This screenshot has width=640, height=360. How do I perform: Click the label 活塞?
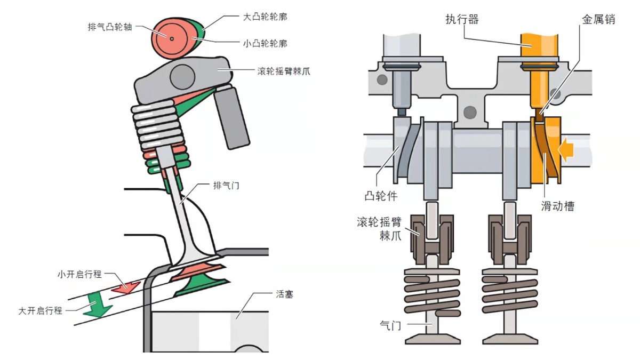[284, 294]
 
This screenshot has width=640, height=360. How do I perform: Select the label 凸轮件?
[381, 196]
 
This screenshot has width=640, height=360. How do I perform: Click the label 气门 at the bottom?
[390, 324]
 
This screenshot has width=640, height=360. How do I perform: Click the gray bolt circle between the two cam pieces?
[470, 112]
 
